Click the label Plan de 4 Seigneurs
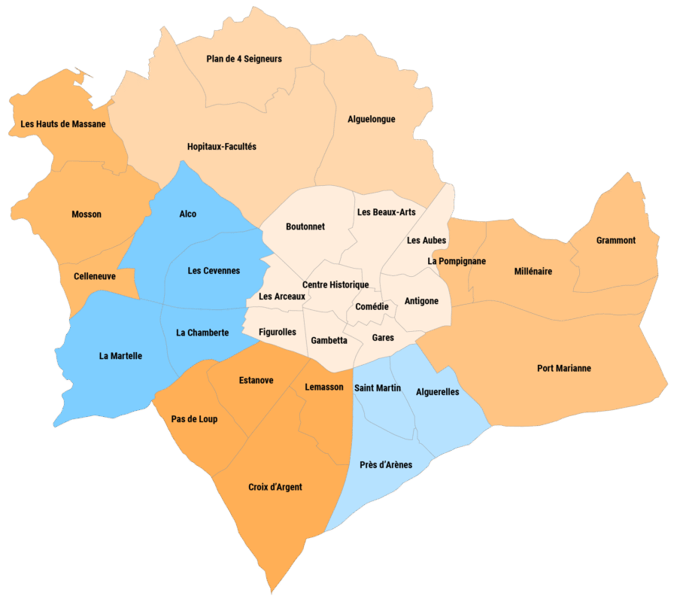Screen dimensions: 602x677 (244, 59)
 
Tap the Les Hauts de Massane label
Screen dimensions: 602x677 (63, 124)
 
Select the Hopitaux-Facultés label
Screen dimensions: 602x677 (221, 147)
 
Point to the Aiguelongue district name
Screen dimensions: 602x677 (371, 119)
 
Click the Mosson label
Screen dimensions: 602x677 (87, 214)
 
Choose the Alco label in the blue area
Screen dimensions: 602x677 (187, 214)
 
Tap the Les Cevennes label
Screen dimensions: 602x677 (214, 271)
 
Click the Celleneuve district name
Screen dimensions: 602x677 (95, 276)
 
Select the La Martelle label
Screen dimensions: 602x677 (120, 356)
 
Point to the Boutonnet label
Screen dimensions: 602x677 (305, 227)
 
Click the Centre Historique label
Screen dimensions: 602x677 (335, 284)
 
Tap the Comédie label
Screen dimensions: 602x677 (372, 307)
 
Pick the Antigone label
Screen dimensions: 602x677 (421, 301)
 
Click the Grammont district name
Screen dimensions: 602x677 (615, 241)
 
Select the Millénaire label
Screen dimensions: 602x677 (533, 271)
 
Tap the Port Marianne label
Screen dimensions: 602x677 (563, 369)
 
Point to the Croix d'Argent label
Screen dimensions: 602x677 (275, 487)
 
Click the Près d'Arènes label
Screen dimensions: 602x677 (385, 464)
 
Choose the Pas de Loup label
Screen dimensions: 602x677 (194, 419)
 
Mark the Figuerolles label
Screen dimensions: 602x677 (277, 332)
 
